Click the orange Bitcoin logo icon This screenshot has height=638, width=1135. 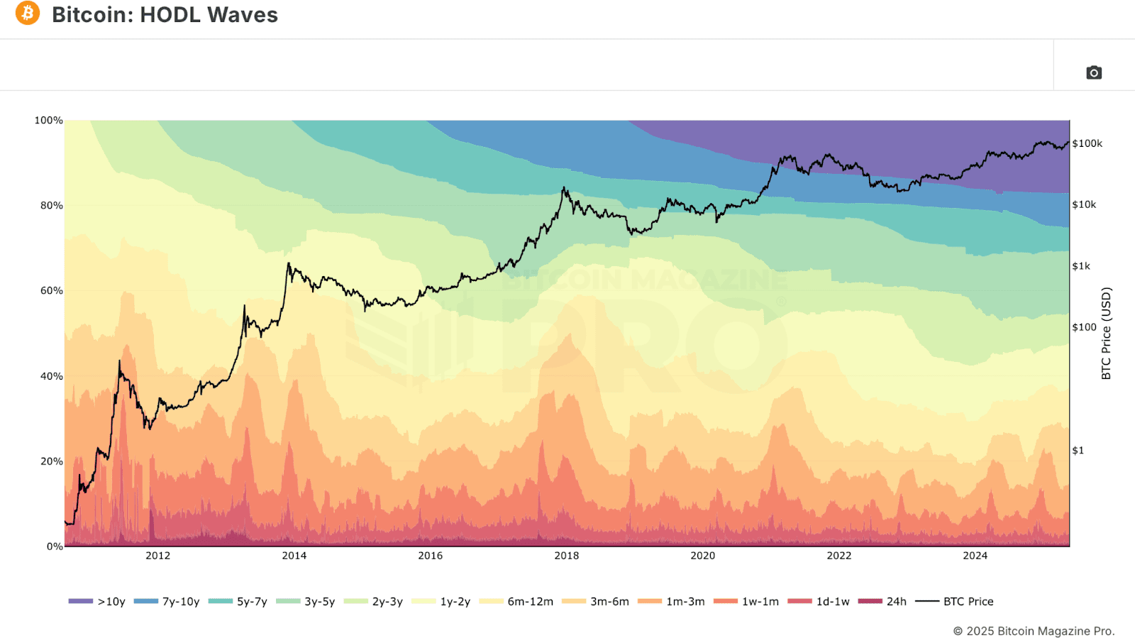[x=28, y=13]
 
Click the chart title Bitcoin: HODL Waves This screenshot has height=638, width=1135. [x=165, y=15]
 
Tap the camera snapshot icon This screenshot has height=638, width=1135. [x=1094, y=72]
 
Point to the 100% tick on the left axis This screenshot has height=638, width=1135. [x=49, y=121]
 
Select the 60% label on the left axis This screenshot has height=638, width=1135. [x=51, y=291]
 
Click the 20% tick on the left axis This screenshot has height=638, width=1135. [x=51, y=461]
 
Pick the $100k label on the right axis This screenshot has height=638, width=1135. [x=1087, y=143]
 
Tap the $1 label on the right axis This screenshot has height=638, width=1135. [x=1078, y=451]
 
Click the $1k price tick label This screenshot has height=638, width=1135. [x=1081, y=266]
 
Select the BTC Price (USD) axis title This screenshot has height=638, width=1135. [x=1106, y=333]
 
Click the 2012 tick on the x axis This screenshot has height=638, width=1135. [x=157, y=556]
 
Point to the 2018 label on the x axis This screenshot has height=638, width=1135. [x=566, y=556]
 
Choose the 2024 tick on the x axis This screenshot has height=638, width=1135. [x=975, y=556]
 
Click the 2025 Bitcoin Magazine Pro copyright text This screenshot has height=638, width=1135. [x=1034, y=631]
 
